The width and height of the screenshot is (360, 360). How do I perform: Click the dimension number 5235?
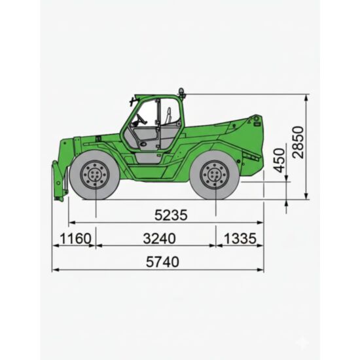171,215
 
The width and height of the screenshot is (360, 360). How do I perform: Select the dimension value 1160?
75,238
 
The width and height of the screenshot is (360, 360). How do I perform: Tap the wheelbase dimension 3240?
159,238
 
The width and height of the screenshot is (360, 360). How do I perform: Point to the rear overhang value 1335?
240,238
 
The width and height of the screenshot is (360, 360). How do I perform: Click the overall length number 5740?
162,262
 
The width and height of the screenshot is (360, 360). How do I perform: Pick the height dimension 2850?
298,142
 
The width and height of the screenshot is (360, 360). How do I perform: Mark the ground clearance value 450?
279,160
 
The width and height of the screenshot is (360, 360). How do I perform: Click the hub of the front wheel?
95,175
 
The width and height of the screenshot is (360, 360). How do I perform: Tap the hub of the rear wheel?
215,175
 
